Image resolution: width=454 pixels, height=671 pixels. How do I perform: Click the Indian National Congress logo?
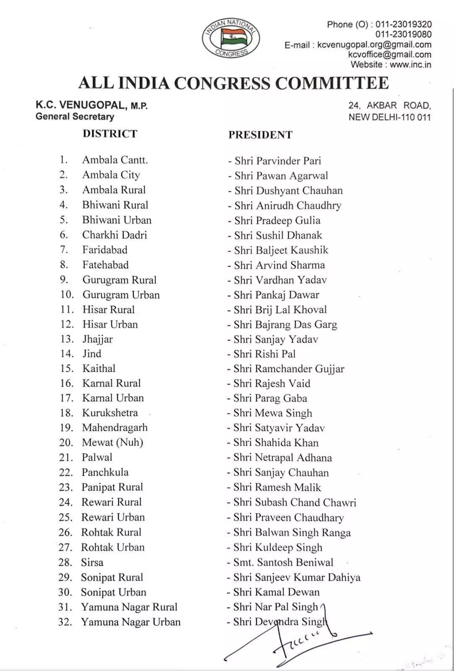(231, 38)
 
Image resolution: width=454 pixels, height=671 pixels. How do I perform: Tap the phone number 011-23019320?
(403, 24)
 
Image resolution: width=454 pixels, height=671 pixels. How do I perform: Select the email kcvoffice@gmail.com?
(389, 55)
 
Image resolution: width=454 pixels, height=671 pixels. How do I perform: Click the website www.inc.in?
(410, 65)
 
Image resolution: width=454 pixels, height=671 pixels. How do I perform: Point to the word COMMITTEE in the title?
(332, 83)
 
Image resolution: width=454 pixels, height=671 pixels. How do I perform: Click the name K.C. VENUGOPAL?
(81, 105)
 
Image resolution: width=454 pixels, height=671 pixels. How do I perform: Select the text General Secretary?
(75, 117)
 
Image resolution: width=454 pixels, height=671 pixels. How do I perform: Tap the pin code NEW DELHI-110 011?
(389, 117)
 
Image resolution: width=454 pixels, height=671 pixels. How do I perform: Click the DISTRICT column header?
(110, 134)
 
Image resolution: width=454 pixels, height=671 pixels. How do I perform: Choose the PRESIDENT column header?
(260, 135)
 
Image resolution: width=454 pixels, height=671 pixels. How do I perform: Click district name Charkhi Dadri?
(115, 235)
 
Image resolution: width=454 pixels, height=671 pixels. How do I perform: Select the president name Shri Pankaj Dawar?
(277, 295)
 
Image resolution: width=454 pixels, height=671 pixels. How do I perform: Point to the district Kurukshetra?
(110, 413)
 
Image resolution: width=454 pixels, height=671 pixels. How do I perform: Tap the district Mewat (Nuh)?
(112, 442)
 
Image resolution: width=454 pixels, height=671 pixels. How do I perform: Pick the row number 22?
(66, 473)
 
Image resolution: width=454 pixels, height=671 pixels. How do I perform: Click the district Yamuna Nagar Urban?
(130, 622)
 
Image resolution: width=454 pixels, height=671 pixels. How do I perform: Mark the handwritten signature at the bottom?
(298, 637)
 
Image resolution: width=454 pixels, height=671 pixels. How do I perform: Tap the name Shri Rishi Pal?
(264, 354)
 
